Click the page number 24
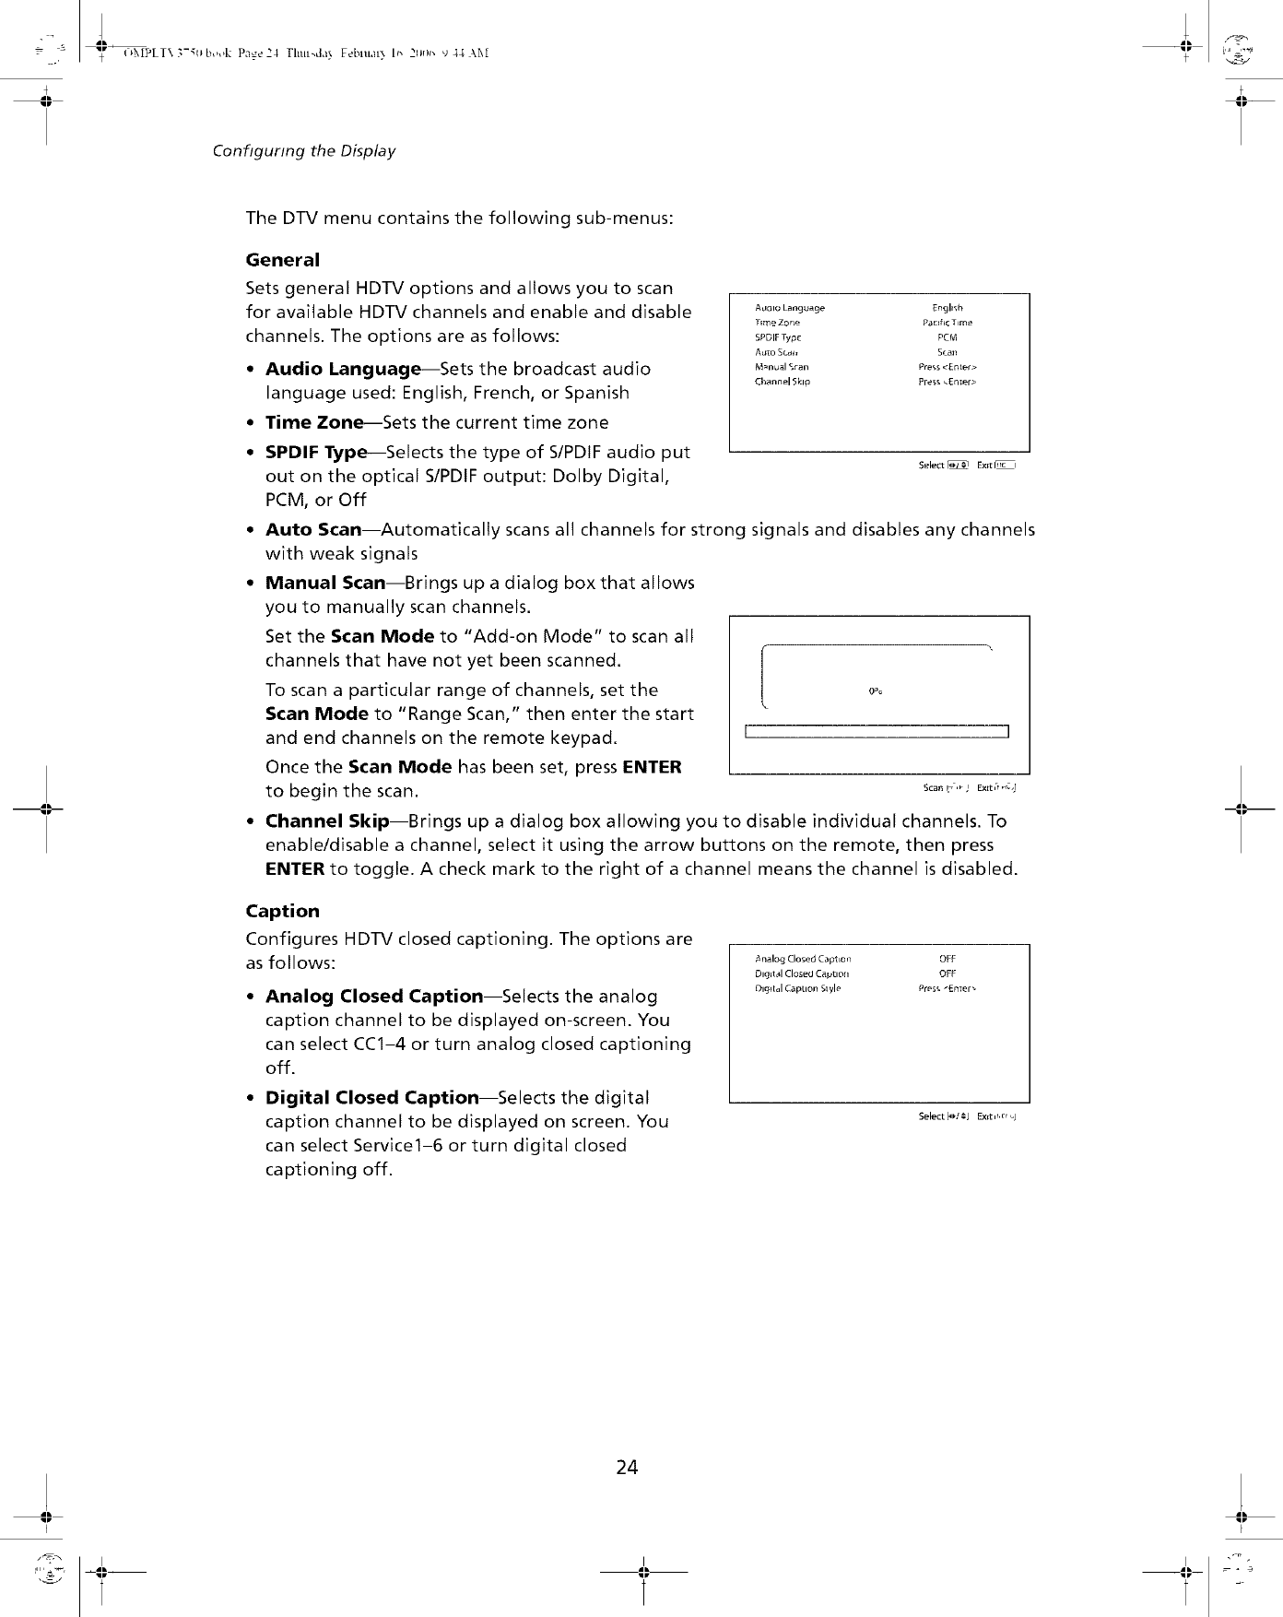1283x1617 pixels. click(x=627, y=1467)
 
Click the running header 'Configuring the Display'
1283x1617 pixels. click(x=303, y=150)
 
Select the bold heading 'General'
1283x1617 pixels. click(x=282, y=260)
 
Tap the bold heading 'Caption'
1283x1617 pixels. click(x=282, y=911)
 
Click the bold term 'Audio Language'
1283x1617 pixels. click(x=343, y=369)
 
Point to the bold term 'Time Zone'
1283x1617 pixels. click(x=314, y=422)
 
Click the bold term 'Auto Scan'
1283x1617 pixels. click(x=313, y=529)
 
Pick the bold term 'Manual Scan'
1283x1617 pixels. click(x=325, y=583)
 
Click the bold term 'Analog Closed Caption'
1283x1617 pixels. click(x=374, y=996)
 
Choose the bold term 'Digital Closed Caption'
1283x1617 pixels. click(x=372, y=1097)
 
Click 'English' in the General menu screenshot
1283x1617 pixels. click(x=948, y=308)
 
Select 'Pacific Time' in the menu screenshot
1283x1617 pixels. click(x=948, y=323)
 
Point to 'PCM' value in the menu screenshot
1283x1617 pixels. click(x=948, y=337)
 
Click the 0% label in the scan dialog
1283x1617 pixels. click(x=877, y=690)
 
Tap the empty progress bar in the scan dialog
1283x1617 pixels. click(x=877, y=733)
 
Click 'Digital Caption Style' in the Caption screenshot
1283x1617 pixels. click(x=798, y=988)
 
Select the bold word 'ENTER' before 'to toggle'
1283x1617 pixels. click(x=294, y=868)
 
